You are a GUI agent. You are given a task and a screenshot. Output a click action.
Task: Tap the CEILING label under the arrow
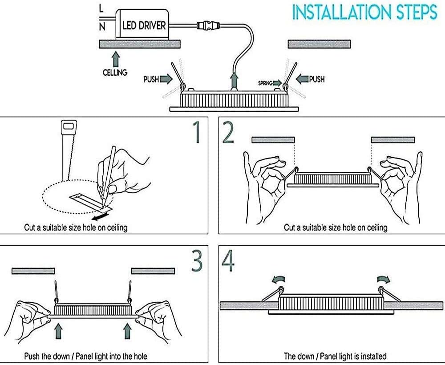115,72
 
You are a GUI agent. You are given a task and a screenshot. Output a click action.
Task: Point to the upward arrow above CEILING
116,58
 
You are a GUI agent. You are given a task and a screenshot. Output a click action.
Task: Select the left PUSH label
151,79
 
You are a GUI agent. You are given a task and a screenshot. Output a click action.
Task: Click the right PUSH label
317,79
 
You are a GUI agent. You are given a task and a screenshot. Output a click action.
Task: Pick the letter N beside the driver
102,27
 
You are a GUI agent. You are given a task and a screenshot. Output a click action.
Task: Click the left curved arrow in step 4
278,279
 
